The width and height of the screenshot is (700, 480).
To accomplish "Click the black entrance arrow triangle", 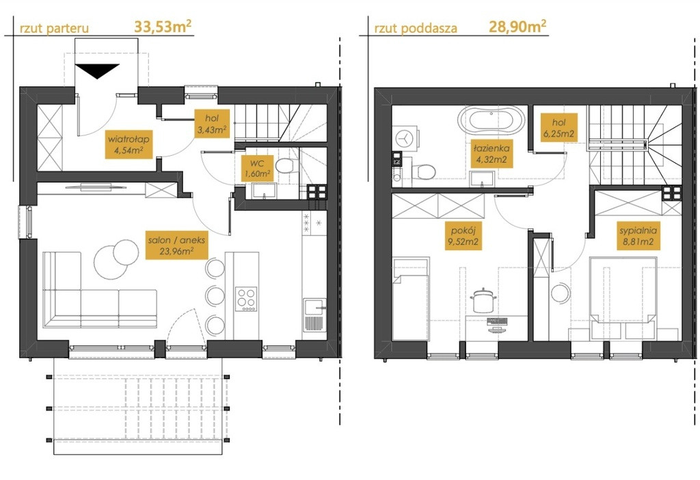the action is coord(97,70).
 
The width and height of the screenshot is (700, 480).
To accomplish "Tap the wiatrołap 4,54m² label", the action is coord(128,144).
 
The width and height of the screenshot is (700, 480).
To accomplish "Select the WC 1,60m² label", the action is coord(257,168).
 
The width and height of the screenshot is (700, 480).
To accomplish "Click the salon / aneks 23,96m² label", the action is coord(176,245).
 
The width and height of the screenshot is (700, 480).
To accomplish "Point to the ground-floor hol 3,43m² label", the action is coord(212,124).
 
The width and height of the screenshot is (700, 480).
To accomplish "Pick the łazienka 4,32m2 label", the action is coord(491,153).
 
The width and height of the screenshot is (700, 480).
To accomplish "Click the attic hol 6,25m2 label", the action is coord(558,127).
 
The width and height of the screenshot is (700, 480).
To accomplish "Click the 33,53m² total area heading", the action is coord(163,27).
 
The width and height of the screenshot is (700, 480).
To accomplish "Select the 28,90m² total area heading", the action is coord(517,27).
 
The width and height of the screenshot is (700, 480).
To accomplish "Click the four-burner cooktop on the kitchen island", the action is coord(246,299).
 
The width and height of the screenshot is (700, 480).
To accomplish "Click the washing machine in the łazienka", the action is coord(405,138).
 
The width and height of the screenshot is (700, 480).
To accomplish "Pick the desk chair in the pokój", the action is coord(482,300).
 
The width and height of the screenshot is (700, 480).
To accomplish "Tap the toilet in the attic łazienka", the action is coord(422,172).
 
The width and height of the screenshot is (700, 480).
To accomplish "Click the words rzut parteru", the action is coord(55,29).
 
